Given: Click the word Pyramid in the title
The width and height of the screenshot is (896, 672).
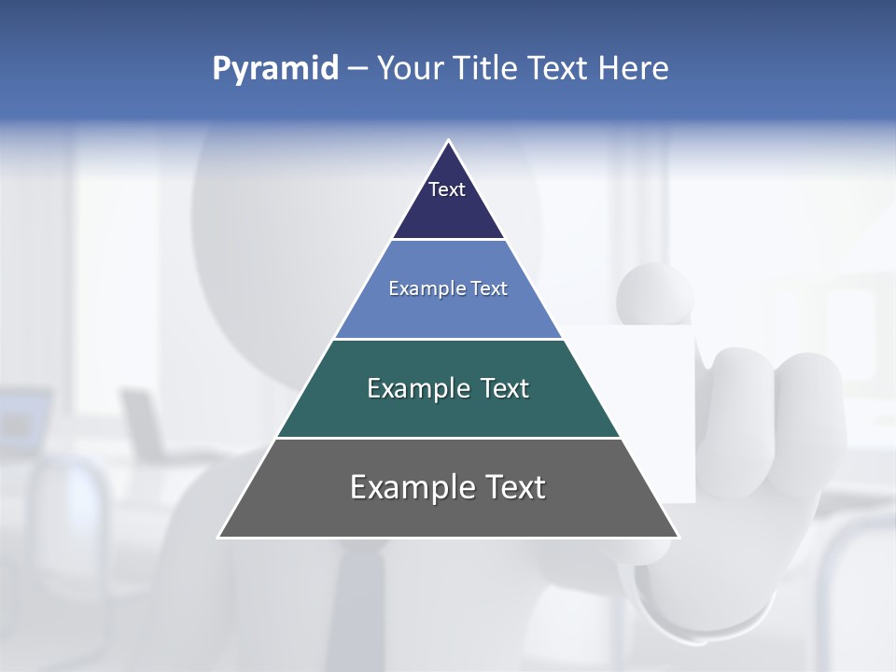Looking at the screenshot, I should [x=274, y=69].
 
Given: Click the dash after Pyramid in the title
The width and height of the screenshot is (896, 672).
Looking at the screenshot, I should [x=357, y=69].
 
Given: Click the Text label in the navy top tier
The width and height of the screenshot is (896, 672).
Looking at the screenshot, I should [x=447, y=189].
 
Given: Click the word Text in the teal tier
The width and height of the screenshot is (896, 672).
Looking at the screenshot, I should [x=505, y=388].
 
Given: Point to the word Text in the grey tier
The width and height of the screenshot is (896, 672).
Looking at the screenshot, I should [x=517, y=487].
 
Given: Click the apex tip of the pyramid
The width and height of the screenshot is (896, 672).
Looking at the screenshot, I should [x=448, y=142].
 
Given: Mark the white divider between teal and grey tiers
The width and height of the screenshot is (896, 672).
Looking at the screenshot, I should [x=448, y=438].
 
